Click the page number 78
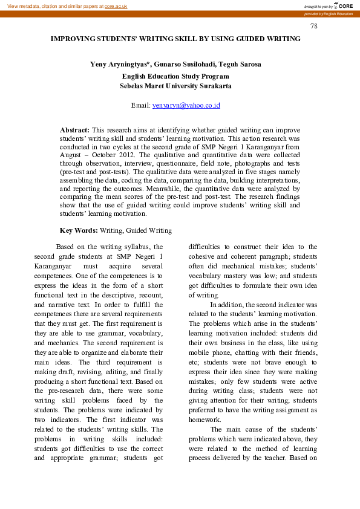(313, 26)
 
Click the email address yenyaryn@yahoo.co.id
(186, 105)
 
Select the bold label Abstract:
(75, 130)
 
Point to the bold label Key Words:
(79, 230)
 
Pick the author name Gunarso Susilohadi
(186, 64)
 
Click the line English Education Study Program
(175, 76)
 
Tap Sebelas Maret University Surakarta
(175, 86)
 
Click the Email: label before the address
(140, 105)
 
